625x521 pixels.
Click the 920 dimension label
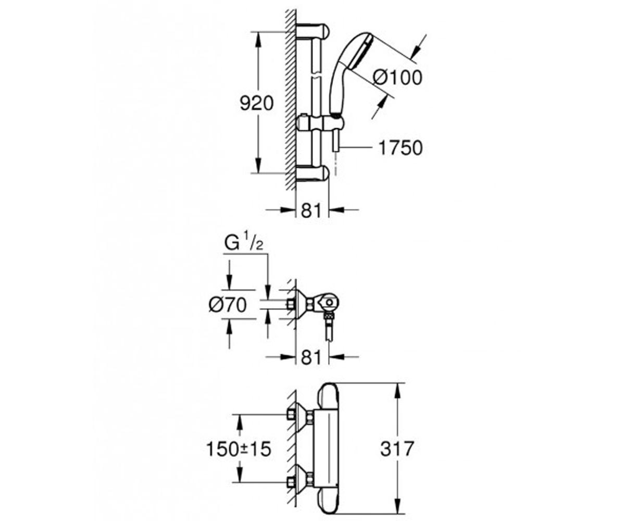tap(257, 103)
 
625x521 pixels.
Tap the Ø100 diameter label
tap(397, 78)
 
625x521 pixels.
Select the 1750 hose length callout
tap(401, 147)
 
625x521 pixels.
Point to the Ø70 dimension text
tap(228, 305)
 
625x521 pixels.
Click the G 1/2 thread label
tap(244, 244)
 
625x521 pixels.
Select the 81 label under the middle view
tap(311, 357)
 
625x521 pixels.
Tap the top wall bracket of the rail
tap(312, 31)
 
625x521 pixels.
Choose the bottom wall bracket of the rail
tap(312, 173)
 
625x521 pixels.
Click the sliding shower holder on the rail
tap(320, 123)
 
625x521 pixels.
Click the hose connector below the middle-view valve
tap(329, 326)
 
